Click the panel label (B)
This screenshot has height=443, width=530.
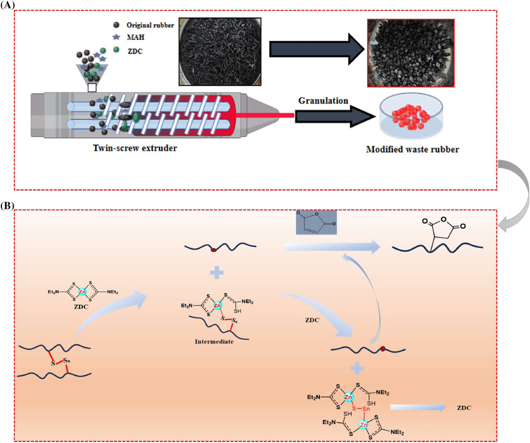(x=7, y=206)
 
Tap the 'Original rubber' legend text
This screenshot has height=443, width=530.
(x=150, y=25)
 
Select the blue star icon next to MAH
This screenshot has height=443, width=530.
(x=116, y=37)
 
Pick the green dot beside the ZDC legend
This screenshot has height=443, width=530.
(x=116, y=50)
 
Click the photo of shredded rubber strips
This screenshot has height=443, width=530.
(x=220, y=52)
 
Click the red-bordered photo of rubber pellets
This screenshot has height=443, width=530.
(x=411, y=53)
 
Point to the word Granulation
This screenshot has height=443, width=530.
(x=323, y=101)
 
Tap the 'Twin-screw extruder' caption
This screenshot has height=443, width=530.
(x=135, y=148)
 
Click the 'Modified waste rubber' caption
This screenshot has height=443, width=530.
(x=412, y=149)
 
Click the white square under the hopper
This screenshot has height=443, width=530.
(x=92, y=88)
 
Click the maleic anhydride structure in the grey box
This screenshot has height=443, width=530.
(x=316, y=223)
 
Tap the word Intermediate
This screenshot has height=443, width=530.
(x=214, y=342)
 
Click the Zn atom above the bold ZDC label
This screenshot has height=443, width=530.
(x=82, y=292)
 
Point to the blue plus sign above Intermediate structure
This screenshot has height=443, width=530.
(x=217, y=273)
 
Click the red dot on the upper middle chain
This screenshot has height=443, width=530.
(x=214, y=250)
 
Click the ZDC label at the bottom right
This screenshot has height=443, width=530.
(x=464, y=408)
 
